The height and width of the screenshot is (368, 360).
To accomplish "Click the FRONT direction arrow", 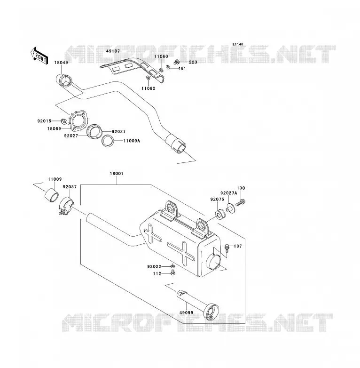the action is point(39,56).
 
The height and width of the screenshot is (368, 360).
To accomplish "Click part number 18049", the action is point(61,63).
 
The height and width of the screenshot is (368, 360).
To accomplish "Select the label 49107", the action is point(113,51).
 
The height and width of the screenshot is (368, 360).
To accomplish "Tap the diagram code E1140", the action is point(238,44).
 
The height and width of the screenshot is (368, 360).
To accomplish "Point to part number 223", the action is point(193,62).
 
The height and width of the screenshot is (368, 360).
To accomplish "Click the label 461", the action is point(182,69).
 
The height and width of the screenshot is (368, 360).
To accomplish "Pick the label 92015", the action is point(44,121).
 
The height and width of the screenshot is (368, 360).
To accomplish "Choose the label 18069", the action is point(54,128).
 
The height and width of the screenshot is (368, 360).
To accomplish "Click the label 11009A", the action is point(132,141).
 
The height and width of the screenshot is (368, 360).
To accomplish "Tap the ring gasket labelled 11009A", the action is point(108,141).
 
